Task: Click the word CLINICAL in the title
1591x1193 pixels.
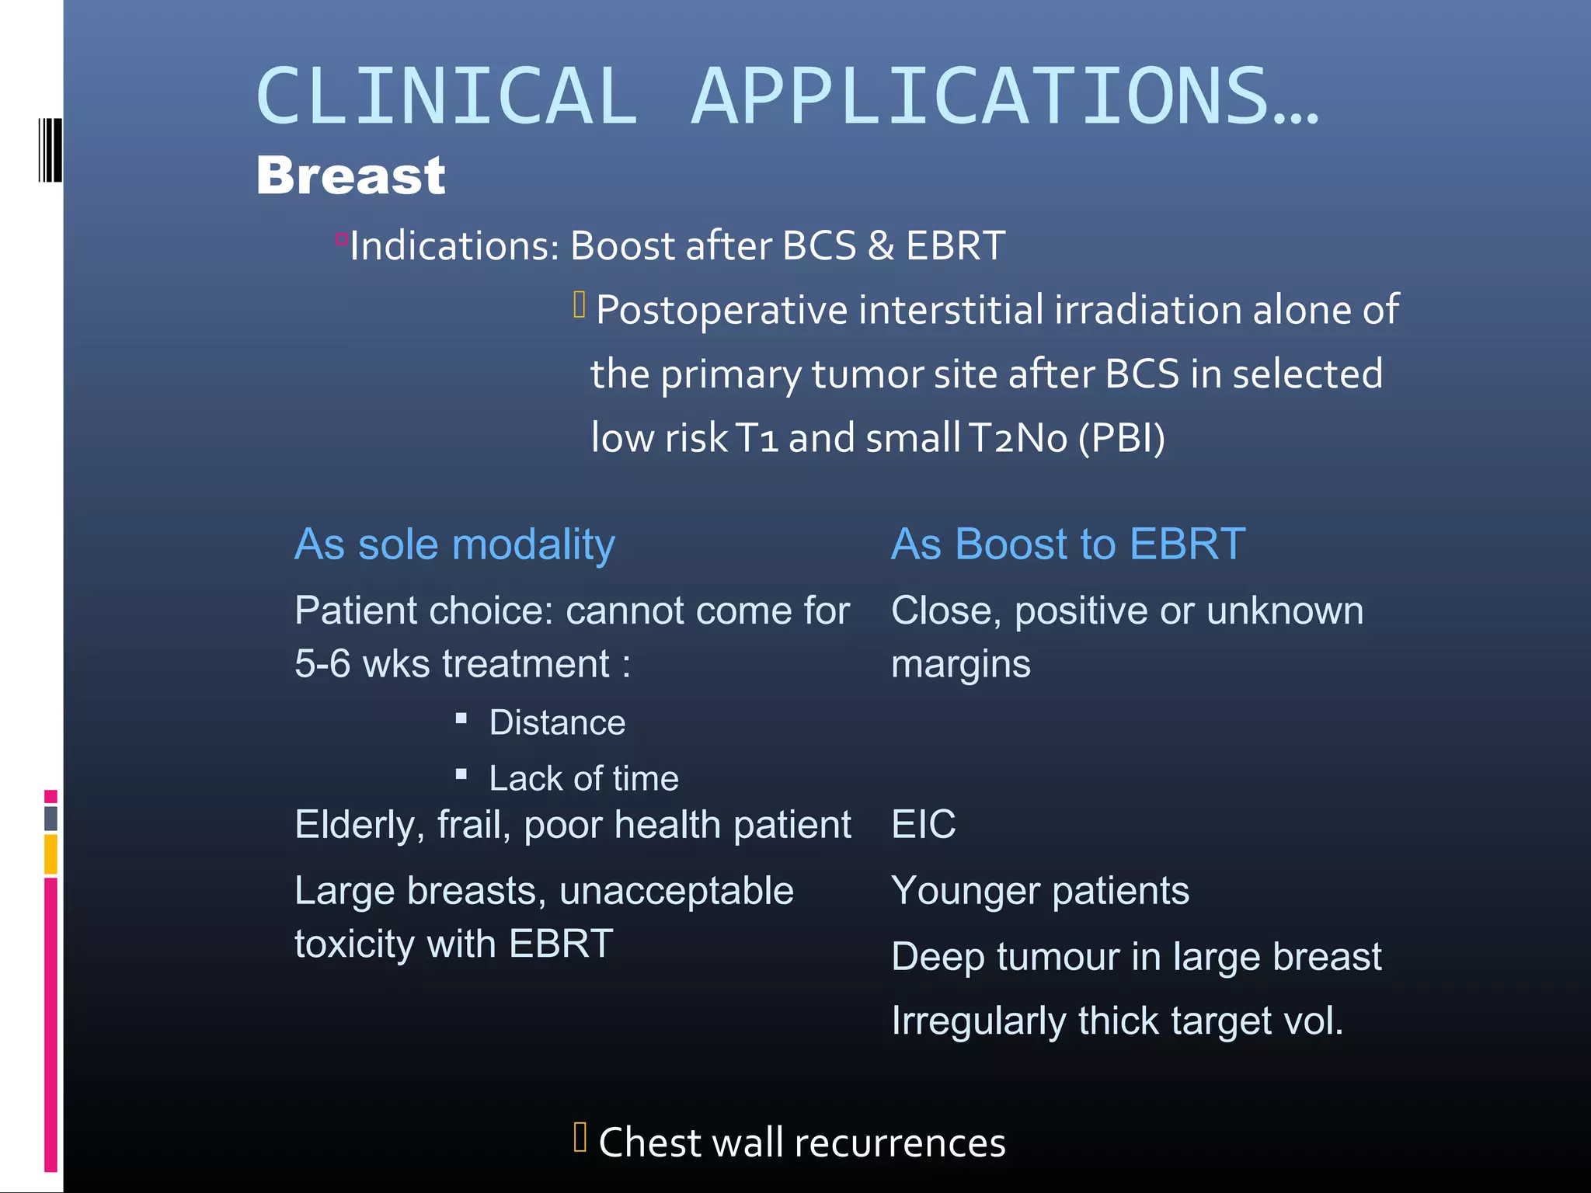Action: click(447, 96)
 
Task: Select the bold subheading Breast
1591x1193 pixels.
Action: click(350, 176)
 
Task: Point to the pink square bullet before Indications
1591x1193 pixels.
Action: click(341, 239)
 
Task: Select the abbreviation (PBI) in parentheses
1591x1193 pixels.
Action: click(1121, 437)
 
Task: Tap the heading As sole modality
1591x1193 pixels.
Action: click(454, 544)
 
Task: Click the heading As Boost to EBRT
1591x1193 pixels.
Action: click(1067, 544)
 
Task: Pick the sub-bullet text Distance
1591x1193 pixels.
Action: click(557, 722)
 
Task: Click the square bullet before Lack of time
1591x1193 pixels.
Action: click(461, 774)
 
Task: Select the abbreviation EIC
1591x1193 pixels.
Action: click(923, 824)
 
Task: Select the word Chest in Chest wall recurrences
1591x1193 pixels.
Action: click(649, 1143)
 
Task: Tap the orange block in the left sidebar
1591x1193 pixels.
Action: click(50, 854)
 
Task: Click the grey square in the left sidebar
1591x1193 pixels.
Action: click(50, 818)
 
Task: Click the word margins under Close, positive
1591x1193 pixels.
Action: click(960, 664)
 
